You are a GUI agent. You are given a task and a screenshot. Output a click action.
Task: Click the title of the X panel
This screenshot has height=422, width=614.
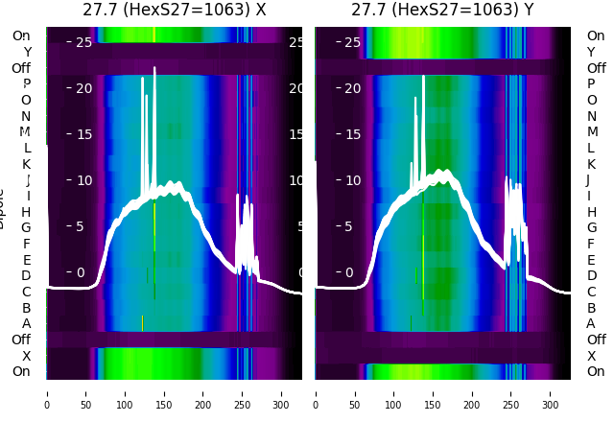174,10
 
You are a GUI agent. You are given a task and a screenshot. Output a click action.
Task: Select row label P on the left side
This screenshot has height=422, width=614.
26,84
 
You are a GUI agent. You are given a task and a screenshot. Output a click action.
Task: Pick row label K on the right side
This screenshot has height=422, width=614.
591,164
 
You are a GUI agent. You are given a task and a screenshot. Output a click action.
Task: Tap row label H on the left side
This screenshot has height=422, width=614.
26,212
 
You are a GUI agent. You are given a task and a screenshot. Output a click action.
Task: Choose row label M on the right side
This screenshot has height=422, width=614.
592,132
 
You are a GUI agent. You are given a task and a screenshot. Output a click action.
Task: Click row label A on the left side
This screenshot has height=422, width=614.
26,323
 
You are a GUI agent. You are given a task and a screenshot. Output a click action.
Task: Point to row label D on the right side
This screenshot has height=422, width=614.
591,275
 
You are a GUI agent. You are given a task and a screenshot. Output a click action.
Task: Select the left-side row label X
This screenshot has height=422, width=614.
26,356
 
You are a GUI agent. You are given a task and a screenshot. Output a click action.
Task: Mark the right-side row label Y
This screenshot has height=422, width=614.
591,53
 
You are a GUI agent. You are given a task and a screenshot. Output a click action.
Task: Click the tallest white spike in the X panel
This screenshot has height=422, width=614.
154,69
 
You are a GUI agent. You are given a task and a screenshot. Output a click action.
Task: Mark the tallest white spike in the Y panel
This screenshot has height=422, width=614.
423,77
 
